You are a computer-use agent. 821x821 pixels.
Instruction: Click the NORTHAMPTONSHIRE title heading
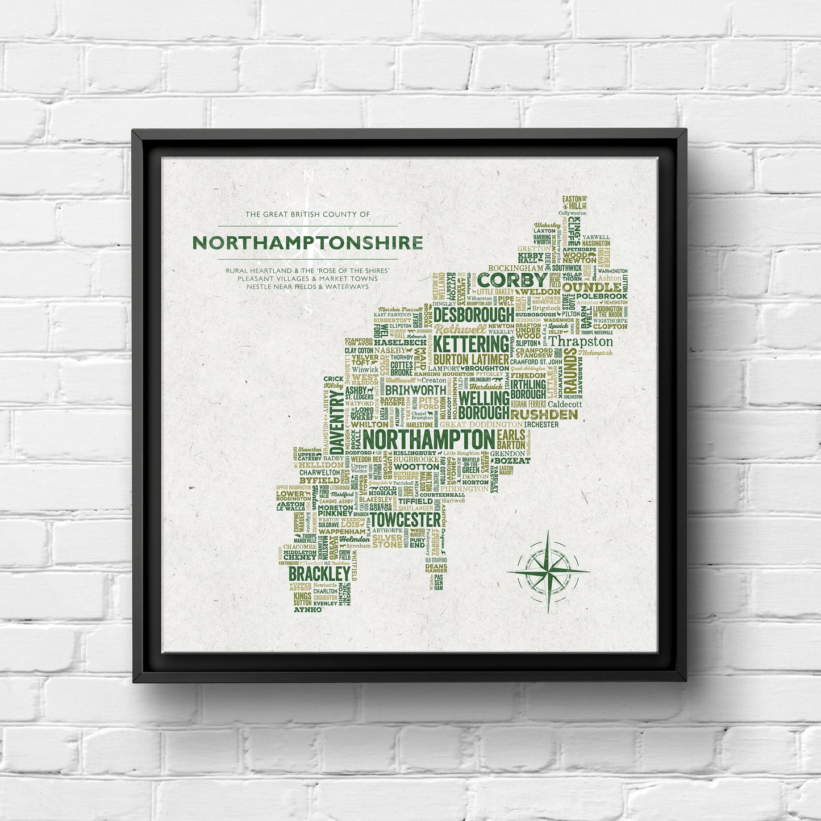(307, 243)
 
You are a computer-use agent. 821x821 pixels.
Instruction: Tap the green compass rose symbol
(548, 571)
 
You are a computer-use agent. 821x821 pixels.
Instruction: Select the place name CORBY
(512, 280)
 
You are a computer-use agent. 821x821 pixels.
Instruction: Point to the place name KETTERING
(472, 344)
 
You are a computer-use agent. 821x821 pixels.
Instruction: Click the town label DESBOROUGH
(474, 315)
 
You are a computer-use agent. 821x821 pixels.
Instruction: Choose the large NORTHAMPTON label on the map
(428, 439)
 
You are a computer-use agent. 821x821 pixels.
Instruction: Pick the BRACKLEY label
(319, 573)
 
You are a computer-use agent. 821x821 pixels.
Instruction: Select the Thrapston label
(581, 341)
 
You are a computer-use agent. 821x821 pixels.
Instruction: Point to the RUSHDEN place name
(544, 415)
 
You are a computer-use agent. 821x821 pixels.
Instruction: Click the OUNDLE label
(591, 287)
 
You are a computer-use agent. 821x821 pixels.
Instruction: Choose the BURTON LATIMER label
(471, 359)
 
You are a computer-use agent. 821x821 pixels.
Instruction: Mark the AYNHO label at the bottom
(307, 610)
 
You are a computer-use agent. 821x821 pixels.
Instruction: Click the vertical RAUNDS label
(570, 362)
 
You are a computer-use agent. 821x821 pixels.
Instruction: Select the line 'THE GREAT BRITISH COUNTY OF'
(307, 214)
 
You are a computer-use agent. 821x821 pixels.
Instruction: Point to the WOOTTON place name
(416, 467)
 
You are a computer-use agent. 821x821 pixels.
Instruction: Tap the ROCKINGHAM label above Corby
(515, 268)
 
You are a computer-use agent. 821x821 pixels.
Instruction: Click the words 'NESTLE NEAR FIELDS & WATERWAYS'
(307, 286)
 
